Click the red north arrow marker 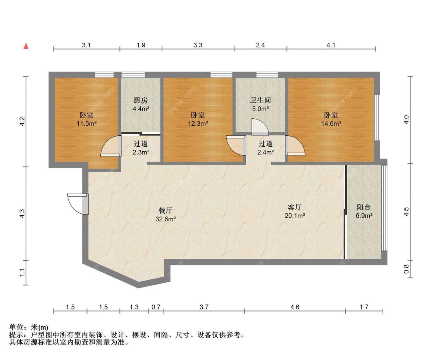(x=26, y=46)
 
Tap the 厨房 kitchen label (x=140, y=100)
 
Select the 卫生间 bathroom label (x=260, y=100)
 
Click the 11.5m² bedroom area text (x=86, y=124)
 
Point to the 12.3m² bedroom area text (x=198, y=124)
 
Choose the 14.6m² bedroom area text (x=331, y=124)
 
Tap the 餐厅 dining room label (x=165, y=211)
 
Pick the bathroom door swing (x=257, y=126)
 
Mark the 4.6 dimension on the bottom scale (x=295, y=307)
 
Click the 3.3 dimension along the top (x=198, y=45)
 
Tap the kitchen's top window (x=133, y=74)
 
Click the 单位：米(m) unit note (x=29, y=328)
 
